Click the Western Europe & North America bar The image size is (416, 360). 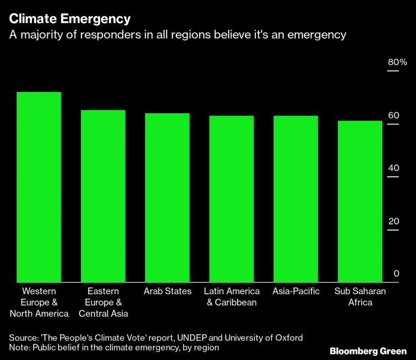39,186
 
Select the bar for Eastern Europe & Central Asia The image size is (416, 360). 103,195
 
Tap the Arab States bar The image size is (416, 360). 167,197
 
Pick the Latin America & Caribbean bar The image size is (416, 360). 232,198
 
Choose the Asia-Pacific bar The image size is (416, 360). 296,198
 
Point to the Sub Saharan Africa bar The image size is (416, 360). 360,201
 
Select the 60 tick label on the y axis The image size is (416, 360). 394,115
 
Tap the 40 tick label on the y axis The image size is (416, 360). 394,168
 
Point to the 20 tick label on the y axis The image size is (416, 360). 394,221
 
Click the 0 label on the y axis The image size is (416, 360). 396,274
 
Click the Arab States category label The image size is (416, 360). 168,291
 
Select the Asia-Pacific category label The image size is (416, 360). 296,291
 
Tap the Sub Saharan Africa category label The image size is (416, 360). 360,297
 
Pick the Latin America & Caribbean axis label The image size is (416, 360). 232,297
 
